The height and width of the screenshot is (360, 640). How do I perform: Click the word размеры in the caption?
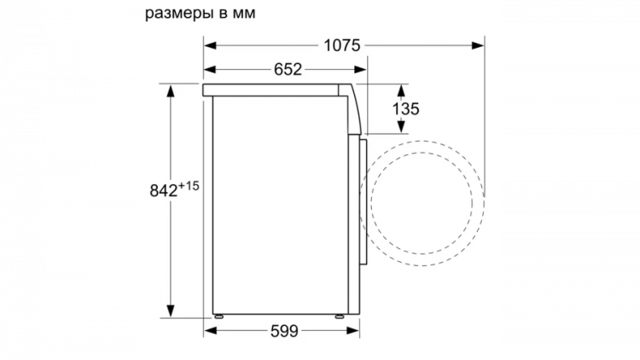177,14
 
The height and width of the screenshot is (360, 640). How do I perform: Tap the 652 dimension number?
288,70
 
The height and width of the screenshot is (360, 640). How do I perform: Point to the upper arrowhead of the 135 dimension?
399,88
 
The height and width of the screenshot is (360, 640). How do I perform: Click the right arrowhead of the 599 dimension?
349,332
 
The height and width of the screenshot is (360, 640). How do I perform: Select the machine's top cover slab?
277,88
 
